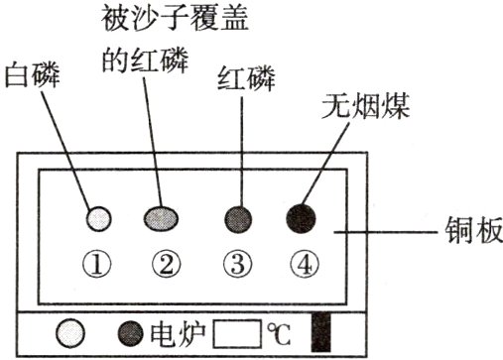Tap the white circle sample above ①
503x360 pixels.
[98, 217]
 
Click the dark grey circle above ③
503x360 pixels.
[236, 217]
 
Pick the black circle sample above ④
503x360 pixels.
[302, 217]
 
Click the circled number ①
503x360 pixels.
[99, 263]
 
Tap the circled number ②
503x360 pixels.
[166, 263]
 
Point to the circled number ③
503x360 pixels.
[236, 263]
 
